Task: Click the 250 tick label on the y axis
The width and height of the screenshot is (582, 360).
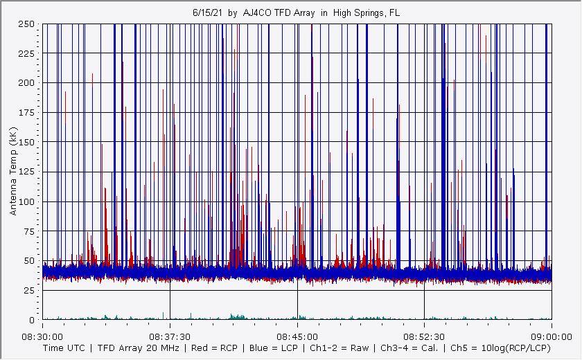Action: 27,24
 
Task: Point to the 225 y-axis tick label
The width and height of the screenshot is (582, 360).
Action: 27,53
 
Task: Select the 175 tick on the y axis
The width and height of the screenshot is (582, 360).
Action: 27,113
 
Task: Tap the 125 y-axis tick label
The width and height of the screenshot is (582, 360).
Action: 27,172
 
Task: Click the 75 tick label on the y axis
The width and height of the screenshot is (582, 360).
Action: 29,232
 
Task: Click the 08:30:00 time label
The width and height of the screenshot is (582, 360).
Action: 43,334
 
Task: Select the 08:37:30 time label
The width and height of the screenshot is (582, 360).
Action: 170,334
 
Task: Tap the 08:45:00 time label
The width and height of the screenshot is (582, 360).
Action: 297,334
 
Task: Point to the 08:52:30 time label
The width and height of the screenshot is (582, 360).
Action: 424,334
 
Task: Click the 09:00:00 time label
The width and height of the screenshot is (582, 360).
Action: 551,334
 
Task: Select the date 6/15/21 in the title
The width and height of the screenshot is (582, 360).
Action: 206,13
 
